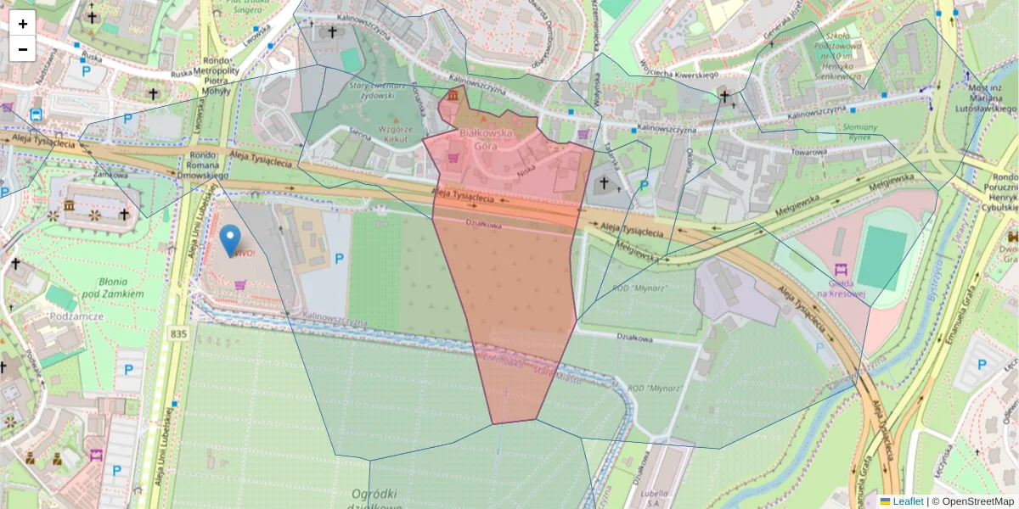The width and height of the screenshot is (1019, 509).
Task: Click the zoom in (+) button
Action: (x=23, y=24)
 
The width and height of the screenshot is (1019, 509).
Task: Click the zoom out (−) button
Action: (x=23, y=49)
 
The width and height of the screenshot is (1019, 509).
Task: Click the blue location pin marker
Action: (x=229, y=240)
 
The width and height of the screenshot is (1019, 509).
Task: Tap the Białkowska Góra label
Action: (x=485, y=139)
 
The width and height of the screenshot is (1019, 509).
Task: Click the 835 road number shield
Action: (x=177, y=333)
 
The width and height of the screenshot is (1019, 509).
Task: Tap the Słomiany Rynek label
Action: (x=835, y=131)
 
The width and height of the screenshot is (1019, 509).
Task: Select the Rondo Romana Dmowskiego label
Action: (x=203, y=165)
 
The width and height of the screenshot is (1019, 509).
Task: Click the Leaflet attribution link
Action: (x=907, y=501)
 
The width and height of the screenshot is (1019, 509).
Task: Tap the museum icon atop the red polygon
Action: (x=453, y=97)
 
